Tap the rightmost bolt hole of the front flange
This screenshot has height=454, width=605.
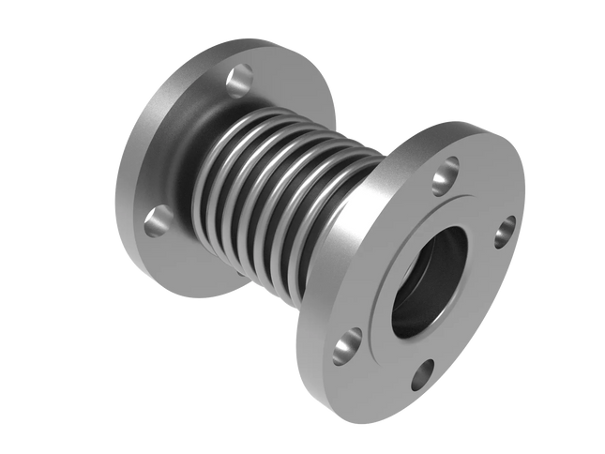507,227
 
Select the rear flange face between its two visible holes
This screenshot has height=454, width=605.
178,141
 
